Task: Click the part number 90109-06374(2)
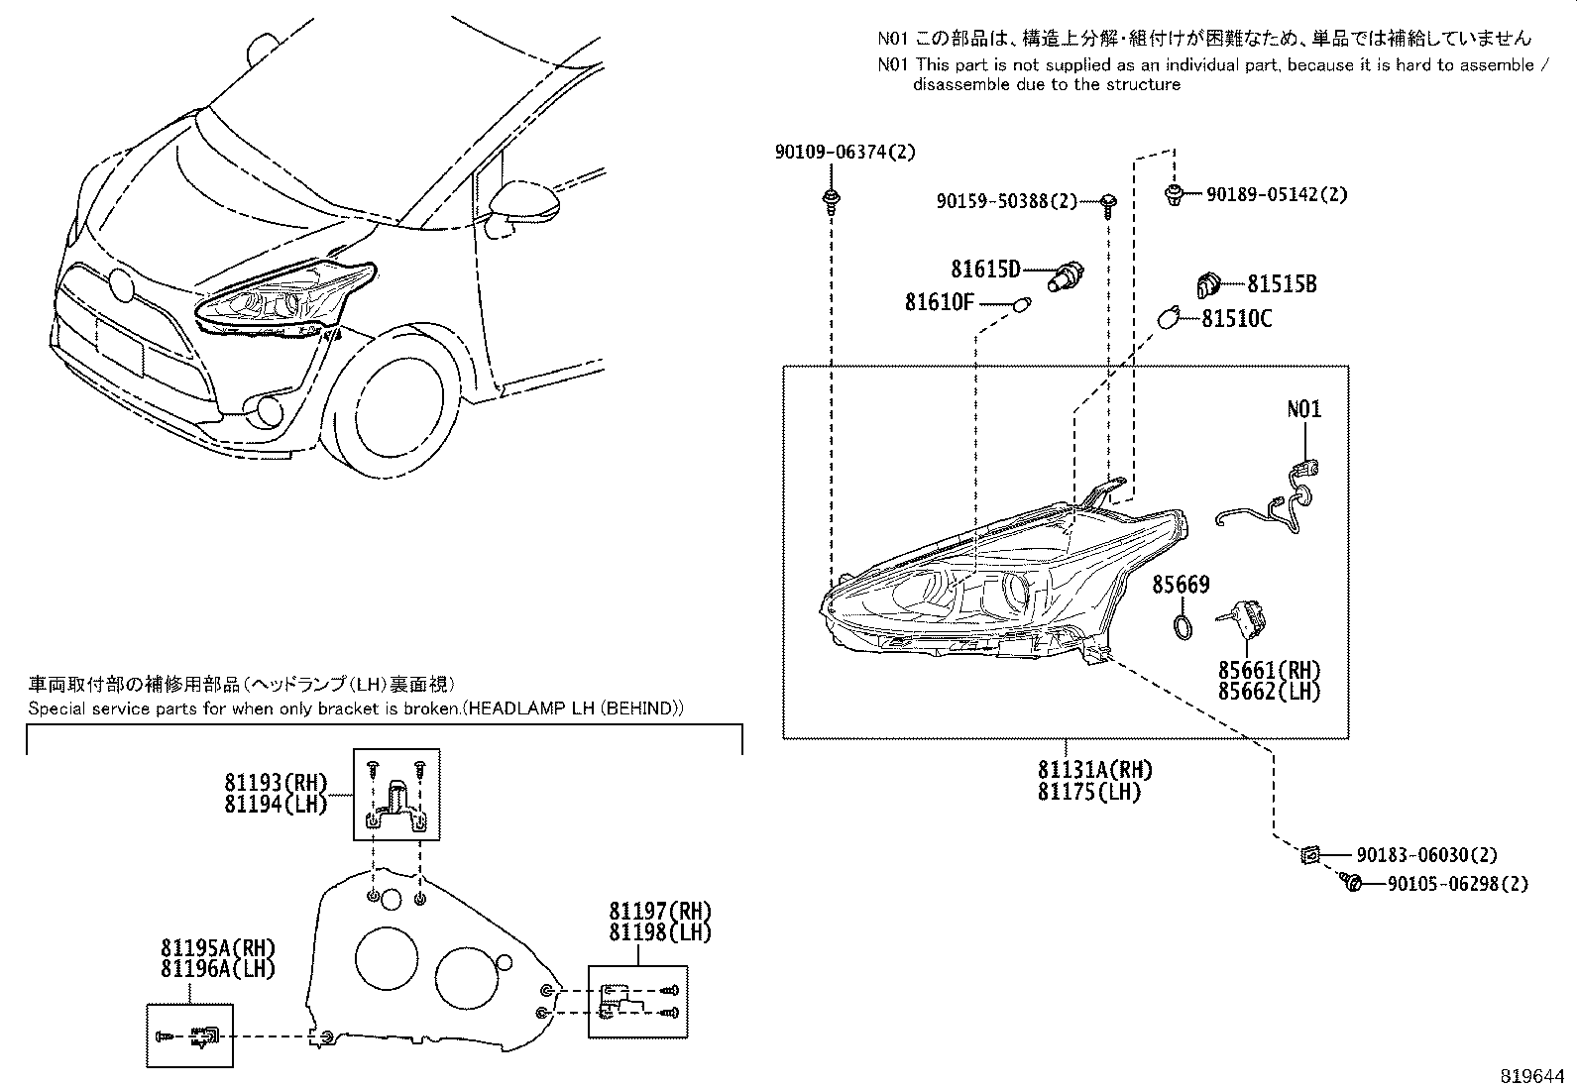coord(845,152)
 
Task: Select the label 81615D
coord(986,269)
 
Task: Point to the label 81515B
coord(1281,284)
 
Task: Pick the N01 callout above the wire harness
coord(1303,408)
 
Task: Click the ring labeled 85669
coord(1183,626)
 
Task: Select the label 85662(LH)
coord(1269,692)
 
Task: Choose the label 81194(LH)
coord(275,805)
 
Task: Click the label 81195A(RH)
coord(217,948)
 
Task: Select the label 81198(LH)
coord(659,932)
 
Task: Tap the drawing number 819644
coord(1533,1074)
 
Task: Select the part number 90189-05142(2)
coord(1277,195)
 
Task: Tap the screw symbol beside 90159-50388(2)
coord(1107,203)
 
